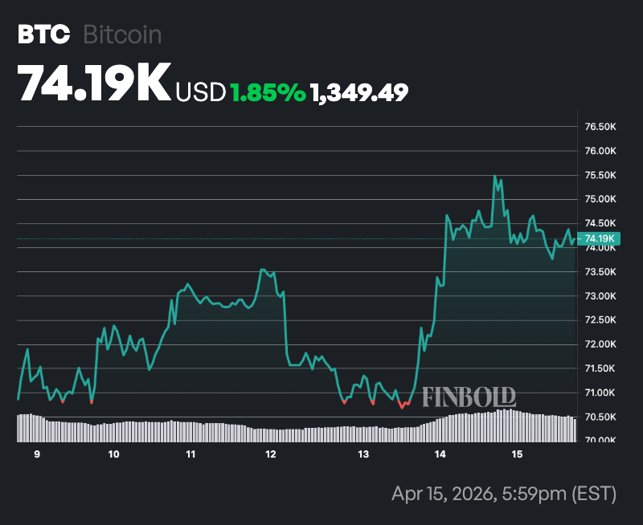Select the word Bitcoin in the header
[x=123, y=35]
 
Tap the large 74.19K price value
[x=94, y=83]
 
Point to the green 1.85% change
[x=268, y=92]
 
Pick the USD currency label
[x=200, y=92]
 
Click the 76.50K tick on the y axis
[x=600, y=127]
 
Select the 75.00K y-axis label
[x=600, y=199]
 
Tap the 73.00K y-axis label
[x=600, y=296]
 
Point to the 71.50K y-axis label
[x=600, y=368]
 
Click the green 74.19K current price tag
[x=600, y=238]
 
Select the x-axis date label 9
[x=37, y=454]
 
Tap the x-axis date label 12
[x=270, y=454]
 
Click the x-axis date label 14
[x=440, y=454]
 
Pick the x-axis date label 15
[x=517, y=454]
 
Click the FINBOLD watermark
[x=469, y=397]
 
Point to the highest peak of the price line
[x=494, y=177]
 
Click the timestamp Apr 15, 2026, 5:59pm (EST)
[x=504, y=492]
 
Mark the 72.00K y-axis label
[x=600, y=344]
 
